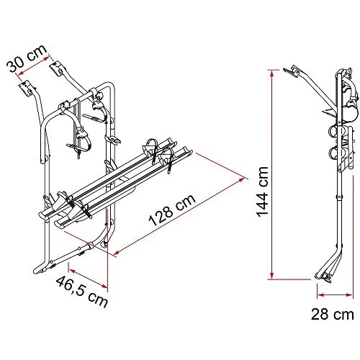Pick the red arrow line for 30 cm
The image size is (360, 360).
pos(37,64)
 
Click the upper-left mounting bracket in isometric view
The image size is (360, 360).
pos(27,90)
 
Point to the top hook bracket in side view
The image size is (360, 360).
pos(294,72)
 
